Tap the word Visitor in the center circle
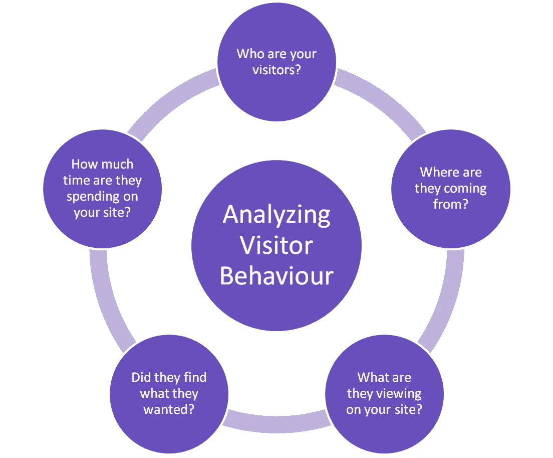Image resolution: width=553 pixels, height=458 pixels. pos(276,246)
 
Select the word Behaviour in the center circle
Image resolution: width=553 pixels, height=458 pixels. pos(276,276)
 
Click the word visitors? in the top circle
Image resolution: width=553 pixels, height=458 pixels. pos(276,69)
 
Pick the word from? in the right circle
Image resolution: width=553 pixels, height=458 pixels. pos(450,205)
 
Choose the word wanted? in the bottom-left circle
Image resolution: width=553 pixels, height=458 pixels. pos(169,409)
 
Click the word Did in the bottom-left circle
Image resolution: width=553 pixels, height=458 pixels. pos(142,377)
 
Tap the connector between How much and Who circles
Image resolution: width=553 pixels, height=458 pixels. pos(170,103)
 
